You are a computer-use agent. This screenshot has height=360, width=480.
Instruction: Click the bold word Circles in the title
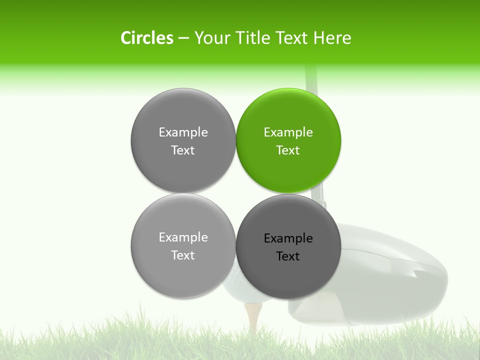coord(146,38)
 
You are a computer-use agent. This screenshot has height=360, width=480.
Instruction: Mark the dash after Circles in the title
coord(183,38)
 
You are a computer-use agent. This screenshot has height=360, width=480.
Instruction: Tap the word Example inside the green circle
coord(288,132)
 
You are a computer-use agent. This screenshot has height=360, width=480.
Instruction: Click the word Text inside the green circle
coord(288,150)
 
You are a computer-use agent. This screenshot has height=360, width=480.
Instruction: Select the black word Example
coord(288,238)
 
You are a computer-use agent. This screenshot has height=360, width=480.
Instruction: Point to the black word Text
coord(288,256)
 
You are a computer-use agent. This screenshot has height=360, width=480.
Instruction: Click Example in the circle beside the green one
coord(183,132)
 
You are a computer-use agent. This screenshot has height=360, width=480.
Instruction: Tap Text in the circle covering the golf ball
coord(183,255)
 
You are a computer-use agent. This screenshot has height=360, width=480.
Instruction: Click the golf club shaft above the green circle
coord(311,77)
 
